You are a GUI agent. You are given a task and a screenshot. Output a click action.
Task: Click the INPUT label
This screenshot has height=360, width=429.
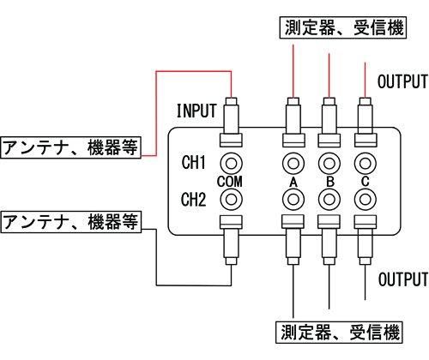point(198,111)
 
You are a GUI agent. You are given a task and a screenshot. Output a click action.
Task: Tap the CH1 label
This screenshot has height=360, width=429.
point(195,161)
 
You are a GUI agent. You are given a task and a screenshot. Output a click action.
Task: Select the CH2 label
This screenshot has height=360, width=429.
point(195,201)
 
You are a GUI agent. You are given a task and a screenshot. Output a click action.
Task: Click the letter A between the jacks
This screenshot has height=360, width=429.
point(293,182)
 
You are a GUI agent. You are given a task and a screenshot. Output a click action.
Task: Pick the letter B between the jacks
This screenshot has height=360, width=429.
point(329,182)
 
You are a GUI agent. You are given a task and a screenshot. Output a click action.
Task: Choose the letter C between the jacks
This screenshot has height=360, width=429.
point(366,182)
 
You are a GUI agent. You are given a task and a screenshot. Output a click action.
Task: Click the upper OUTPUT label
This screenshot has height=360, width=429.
point(402,82)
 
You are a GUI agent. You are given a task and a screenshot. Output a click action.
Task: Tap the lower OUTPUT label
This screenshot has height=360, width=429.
point(402,280)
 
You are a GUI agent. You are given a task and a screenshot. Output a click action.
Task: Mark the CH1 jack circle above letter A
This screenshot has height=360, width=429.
point(293,161)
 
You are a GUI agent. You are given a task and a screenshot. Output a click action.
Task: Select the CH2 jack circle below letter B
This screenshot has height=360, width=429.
point(329,201)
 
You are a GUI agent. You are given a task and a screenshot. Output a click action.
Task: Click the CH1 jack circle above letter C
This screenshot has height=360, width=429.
point(366,161)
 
